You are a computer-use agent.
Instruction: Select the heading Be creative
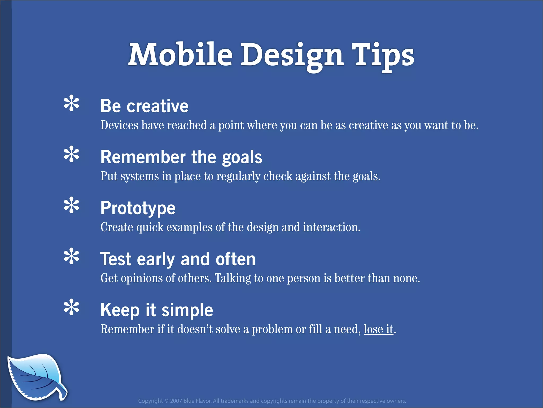(x=144, y=106)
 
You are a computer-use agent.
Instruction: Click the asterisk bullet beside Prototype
(x=71, y=205)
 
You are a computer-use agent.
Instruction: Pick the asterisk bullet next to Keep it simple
(x=71, y=307)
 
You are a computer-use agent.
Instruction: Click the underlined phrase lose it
(x=378, y=329)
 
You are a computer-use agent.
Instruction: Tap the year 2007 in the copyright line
(x=176, y=401)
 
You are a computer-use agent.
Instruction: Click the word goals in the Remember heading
(x=242, y=157)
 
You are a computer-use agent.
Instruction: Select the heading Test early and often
(x=178, y=259)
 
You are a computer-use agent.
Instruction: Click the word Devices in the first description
(x=119, y=125)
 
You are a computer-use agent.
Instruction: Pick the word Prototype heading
(x=138, y=208)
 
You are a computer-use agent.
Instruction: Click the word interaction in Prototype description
(x=331, y=227)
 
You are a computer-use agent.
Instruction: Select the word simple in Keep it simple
(x=187, y=310)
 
